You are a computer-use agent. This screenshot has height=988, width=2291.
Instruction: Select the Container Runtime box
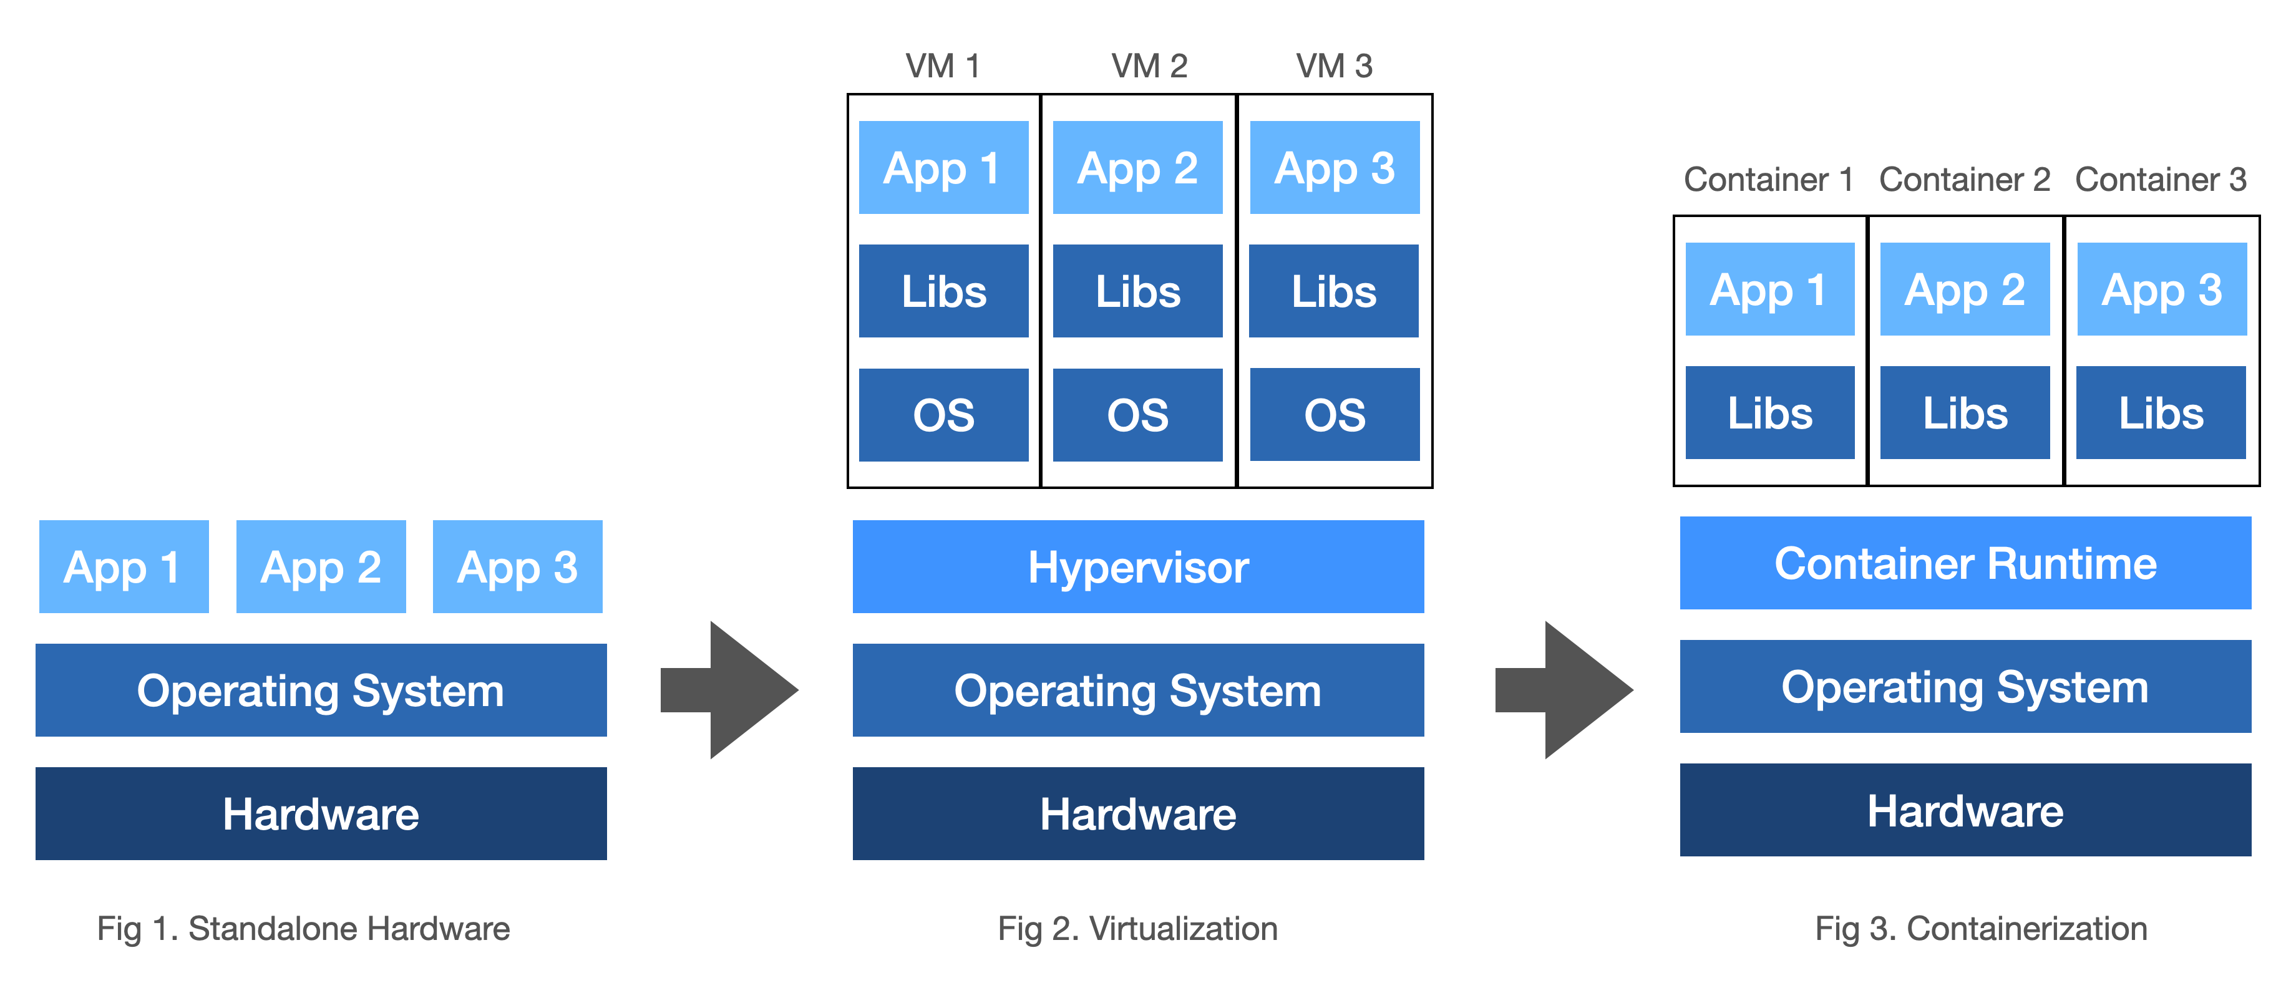(x=1965, y=563)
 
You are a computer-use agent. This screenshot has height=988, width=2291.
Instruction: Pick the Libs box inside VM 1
(x=943, y=291)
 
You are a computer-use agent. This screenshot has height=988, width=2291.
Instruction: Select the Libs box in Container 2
(x=1965, y=413)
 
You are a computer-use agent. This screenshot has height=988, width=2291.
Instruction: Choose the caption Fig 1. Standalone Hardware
(x=303, y=928)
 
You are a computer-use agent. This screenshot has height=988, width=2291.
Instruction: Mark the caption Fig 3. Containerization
(x=1981, y=928)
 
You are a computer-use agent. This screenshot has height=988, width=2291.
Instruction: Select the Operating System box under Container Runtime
(x=1965, y=687)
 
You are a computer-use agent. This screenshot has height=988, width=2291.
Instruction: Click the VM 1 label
(x=942, y=66)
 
